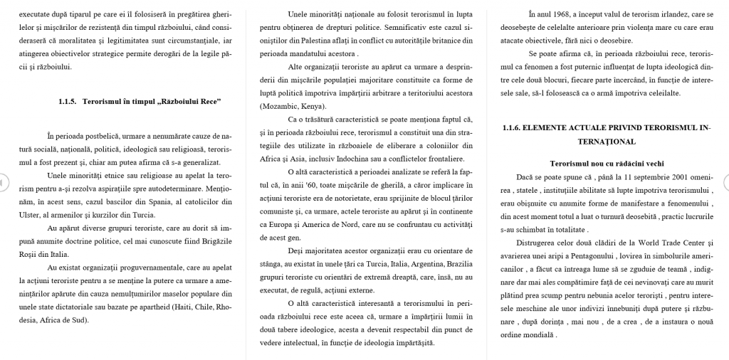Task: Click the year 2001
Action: tap(661, 176)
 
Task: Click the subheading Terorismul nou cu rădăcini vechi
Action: tap(607, 163)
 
